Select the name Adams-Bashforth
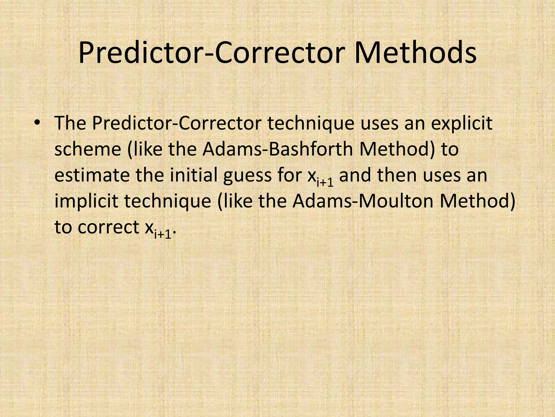pyautogui.click(x=276, y=149)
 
